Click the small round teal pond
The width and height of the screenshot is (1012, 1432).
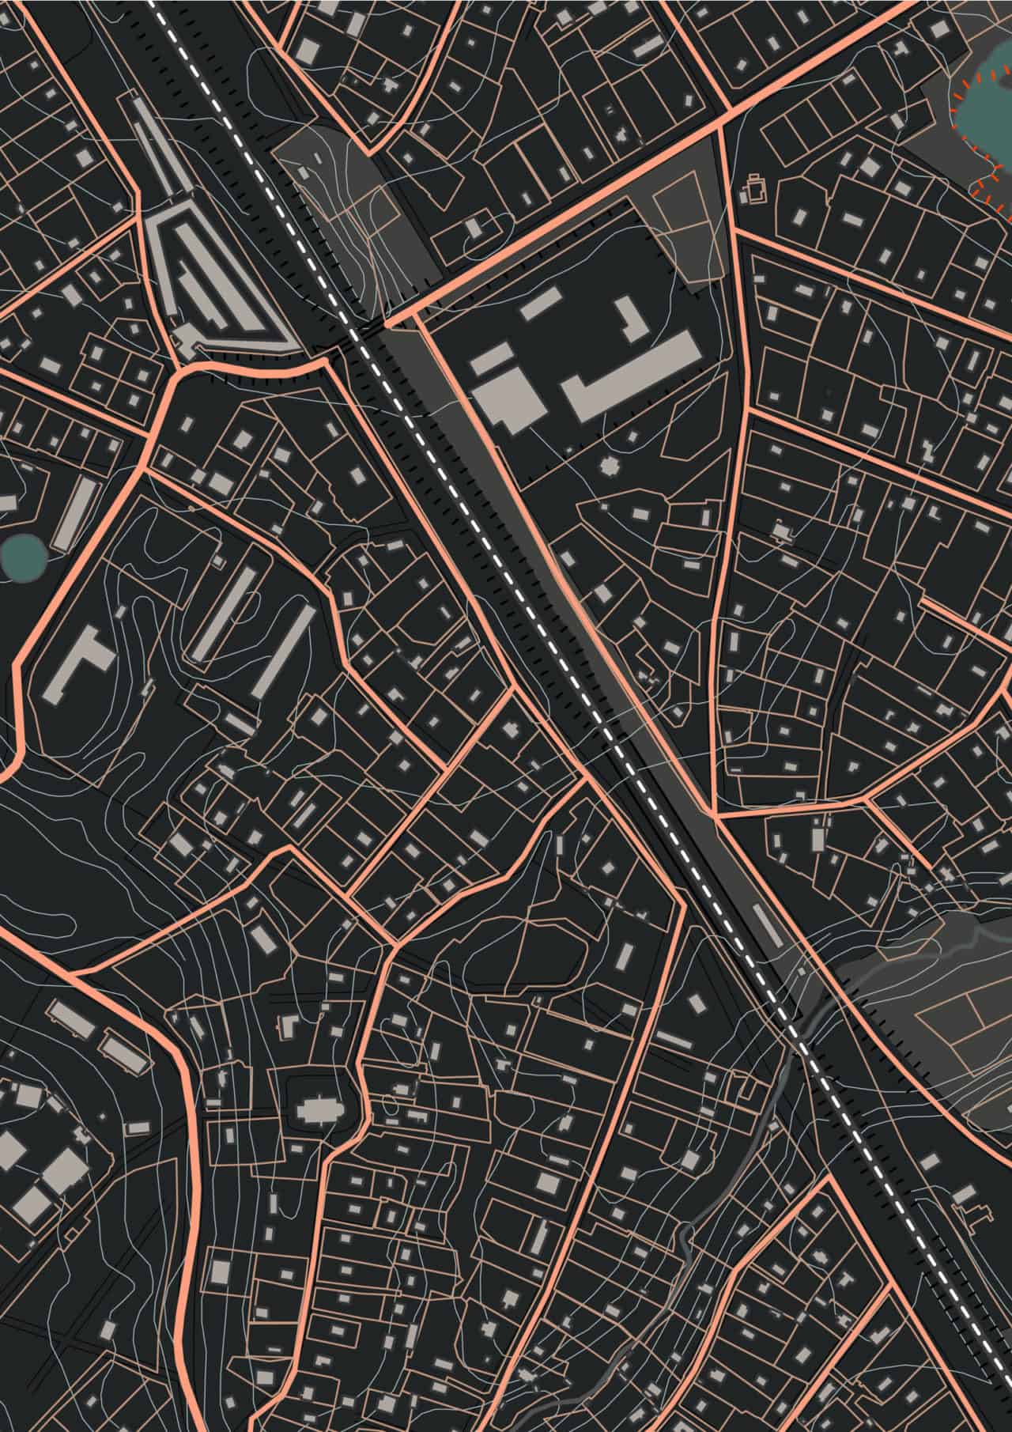(x=22, y=556)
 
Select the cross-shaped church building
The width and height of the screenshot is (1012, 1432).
(x=319, y=1110)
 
